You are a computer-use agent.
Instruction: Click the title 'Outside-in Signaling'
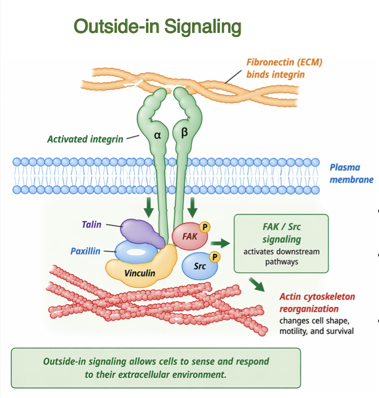click(158, 26)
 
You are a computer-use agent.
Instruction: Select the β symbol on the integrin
click(184, 133)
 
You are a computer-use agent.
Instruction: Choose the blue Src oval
click(199, 264)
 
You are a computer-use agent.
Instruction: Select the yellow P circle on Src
click(214, 257)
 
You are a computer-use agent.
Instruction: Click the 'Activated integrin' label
click(85, 139)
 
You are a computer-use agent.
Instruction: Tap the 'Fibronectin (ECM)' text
click(284, 63)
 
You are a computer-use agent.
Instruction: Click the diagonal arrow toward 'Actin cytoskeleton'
click(258, 285)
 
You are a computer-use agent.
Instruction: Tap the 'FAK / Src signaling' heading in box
click(281, 233)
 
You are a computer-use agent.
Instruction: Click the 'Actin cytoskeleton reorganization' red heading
click(317, 302)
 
